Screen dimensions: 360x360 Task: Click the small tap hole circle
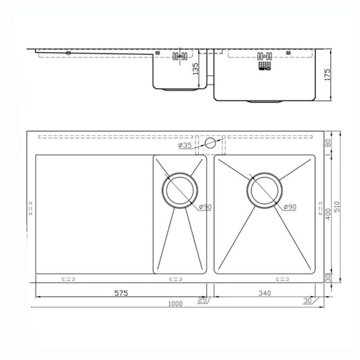coord(210,143)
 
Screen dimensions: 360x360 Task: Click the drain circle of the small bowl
coord(180,189)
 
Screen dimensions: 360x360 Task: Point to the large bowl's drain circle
coord(266,189)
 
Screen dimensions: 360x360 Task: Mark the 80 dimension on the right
coord(327,143)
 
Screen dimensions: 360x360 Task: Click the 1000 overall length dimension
coord(176,304)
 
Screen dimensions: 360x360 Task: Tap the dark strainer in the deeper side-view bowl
coord(265,60)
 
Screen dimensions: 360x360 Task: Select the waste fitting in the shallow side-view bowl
coord(180,56)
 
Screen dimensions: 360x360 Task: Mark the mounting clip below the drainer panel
coord(68,279)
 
